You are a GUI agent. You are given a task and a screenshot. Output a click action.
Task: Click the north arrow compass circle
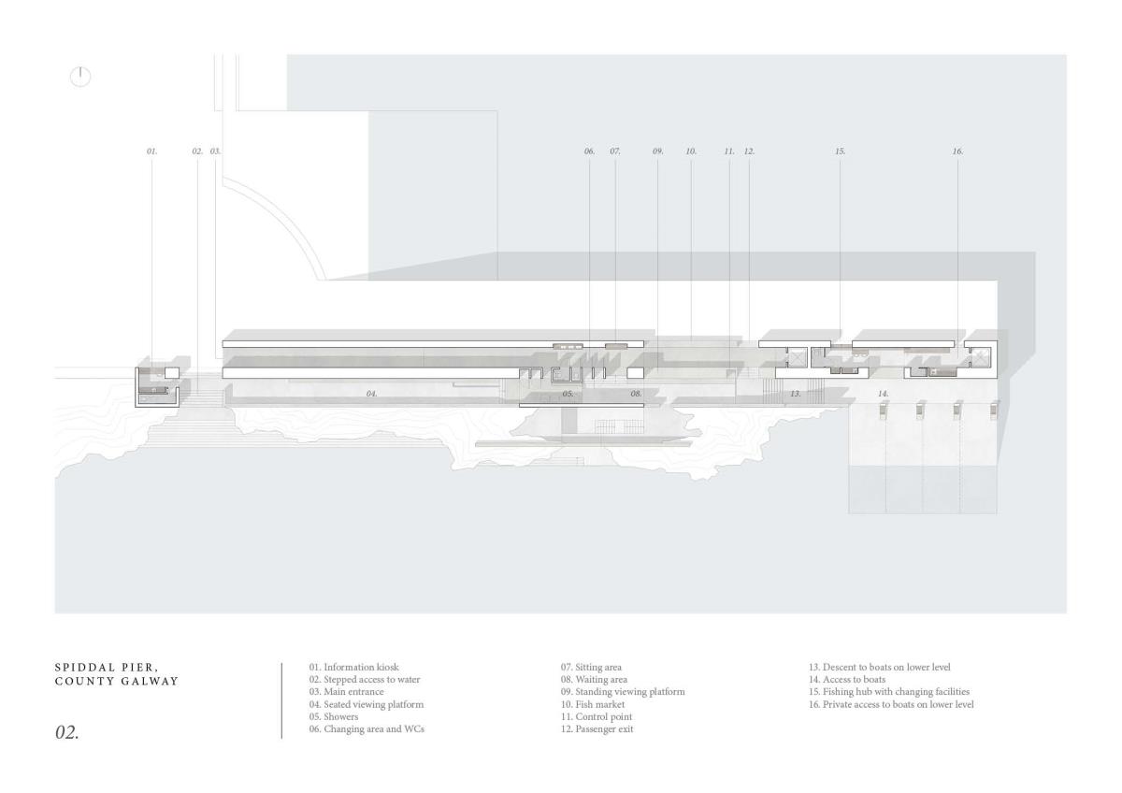click(x=81, y=78)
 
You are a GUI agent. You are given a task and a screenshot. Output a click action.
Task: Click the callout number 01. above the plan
click(x=151, y=151)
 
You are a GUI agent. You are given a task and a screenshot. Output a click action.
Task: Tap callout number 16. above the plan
click(x=957, y=151)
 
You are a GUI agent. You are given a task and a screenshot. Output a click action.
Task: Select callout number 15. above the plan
click(x=840, y=151)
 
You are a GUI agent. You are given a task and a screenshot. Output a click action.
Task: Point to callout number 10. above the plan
click(x=691, y=151)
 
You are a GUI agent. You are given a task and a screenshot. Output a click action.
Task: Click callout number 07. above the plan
click(x=615, y=151)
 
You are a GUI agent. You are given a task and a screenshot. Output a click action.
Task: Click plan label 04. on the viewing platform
click(x=371, y=395)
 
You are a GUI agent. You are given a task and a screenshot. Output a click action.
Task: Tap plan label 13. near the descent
click(x=796, y=395)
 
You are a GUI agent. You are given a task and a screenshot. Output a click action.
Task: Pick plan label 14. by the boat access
click(x=883, y=395)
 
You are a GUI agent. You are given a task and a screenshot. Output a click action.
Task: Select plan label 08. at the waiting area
click(x=636, y=395)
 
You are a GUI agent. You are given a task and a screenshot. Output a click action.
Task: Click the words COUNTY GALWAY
click(x=117, y=681)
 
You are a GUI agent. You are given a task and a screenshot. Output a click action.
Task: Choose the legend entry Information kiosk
click(x=354, y=667)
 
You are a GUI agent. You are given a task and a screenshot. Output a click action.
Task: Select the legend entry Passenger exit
click(x=597, y=728)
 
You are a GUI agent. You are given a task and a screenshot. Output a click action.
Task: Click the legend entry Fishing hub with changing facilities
click(x=889, y=691)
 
